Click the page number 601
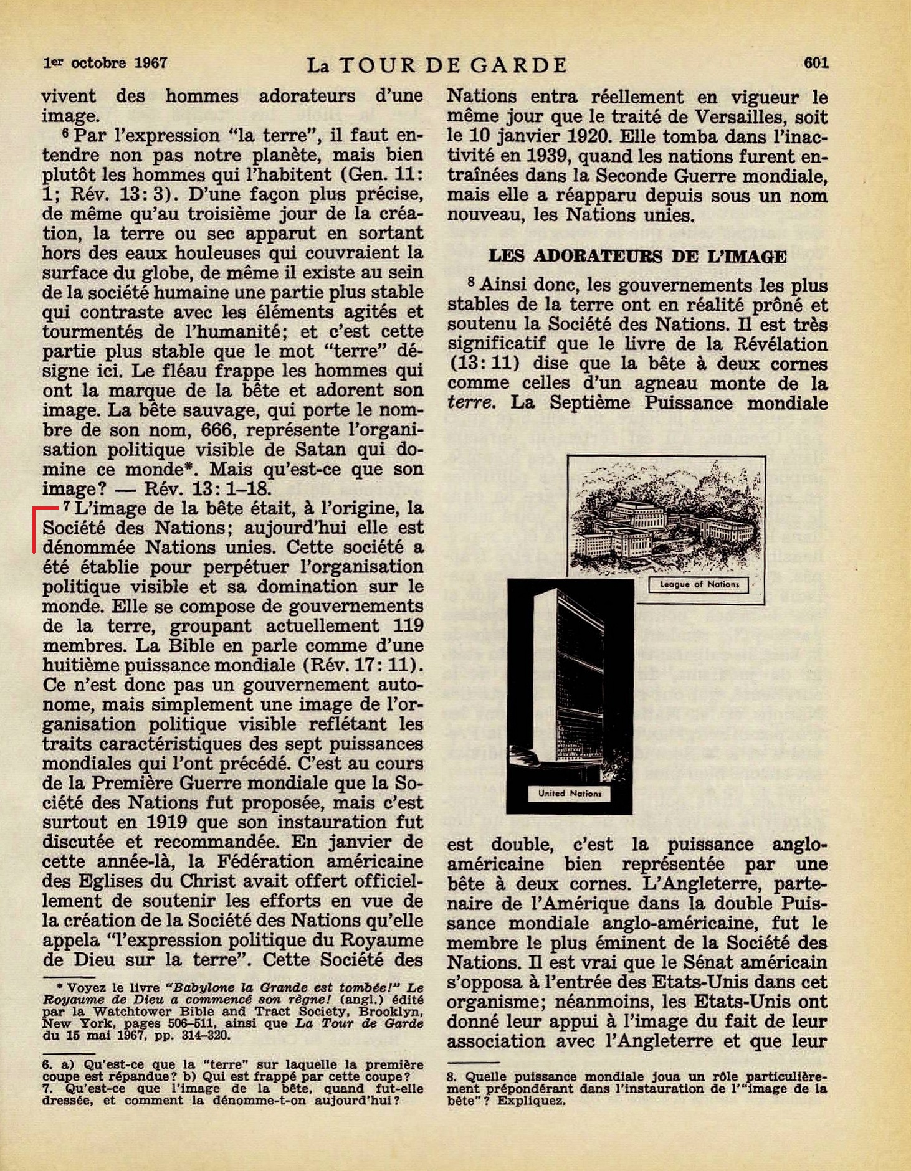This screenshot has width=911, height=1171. point(816,62)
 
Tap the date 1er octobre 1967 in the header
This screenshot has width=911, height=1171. point(105,63)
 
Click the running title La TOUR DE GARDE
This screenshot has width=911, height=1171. point(437,65)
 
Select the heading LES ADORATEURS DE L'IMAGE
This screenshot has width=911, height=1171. point(637,256)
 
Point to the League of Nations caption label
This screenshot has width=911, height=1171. point(699,585)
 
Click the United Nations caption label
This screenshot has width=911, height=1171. point(570,794)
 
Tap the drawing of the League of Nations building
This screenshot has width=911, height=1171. point(665,518)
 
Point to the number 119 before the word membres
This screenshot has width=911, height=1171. point(408,626)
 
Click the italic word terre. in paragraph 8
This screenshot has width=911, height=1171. point(471,403)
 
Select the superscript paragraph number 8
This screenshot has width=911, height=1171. point(472,282)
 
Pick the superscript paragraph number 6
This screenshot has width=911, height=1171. point(65,133)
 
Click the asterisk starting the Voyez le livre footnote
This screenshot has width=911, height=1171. point(60,987)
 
